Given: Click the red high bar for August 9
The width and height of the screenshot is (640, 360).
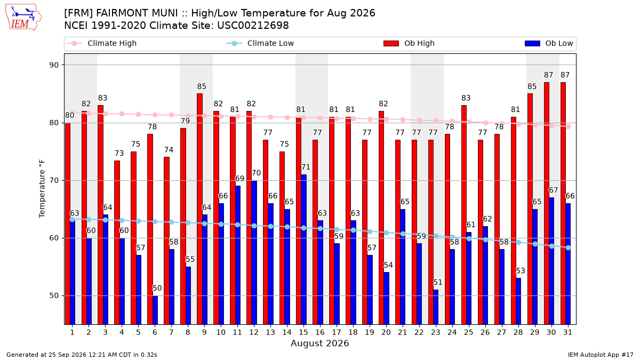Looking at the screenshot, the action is [x=199, y=209].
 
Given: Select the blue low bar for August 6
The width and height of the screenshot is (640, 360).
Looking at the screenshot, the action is [x=155, y=310].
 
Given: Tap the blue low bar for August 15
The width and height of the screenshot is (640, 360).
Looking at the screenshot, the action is [x=303, y=250].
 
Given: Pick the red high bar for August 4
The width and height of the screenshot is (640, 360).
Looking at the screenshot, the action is [x=117, y=243].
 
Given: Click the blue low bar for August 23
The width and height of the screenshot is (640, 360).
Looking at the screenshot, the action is [x=436, y=307].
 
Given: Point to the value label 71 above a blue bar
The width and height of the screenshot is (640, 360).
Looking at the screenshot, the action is [x=306, y=167].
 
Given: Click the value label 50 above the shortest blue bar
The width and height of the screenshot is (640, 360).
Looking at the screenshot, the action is [x=157, y=288].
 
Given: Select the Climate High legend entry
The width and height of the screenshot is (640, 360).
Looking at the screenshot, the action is [x=102, y=43].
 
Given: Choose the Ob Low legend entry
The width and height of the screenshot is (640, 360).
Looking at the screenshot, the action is [x=549, y=43].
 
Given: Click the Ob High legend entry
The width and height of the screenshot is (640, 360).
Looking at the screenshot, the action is [x=409, y=43].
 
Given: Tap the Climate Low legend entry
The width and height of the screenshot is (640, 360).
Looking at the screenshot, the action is [x=260, y=43].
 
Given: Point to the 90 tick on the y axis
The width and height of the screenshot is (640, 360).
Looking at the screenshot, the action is [x=54, y=65].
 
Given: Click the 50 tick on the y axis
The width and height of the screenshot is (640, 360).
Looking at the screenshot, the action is [x=54, y=295].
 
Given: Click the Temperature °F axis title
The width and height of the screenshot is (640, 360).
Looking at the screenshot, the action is [x=42, y=189].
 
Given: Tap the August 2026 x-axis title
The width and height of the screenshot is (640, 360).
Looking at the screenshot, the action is [x=320, y=343].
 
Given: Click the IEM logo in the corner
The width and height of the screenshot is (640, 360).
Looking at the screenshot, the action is [x=23, y=18].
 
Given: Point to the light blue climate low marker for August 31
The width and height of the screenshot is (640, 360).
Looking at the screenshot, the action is [x=569, y=247].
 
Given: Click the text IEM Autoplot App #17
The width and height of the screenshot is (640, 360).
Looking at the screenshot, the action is [x=601, y=355].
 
